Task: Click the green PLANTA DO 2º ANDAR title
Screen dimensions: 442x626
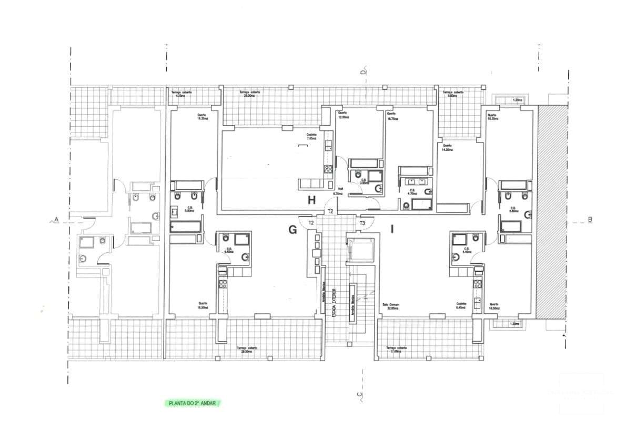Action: tap(191, 403)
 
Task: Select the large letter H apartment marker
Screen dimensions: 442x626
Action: tap(311, 200)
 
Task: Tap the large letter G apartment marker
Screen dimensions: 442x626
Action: tap(292, 229)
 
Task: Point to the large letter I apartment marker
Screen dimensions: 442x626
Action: tap(392, 229)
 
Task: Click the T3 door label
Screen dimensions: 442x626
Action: tap(362, 223)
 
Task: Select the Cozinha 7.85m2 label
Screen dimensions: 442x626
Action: tap(311, 136)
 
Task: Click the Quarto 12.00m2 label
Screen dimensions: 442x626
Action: tap(343, 115)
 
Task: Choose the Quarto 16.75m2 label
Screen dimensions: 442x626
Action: tap(392, 116)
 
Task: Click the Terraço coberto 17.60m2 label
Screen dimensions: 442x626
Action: tap(396, 350)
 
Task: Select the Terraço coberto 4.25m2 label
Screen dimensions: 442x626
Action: tap(181, 94)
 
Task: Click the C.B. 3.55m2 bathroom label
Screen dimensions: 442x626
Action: tap(363, 181)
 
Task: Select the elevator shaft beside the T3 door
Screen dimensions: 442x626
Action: tap(360, 248)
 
